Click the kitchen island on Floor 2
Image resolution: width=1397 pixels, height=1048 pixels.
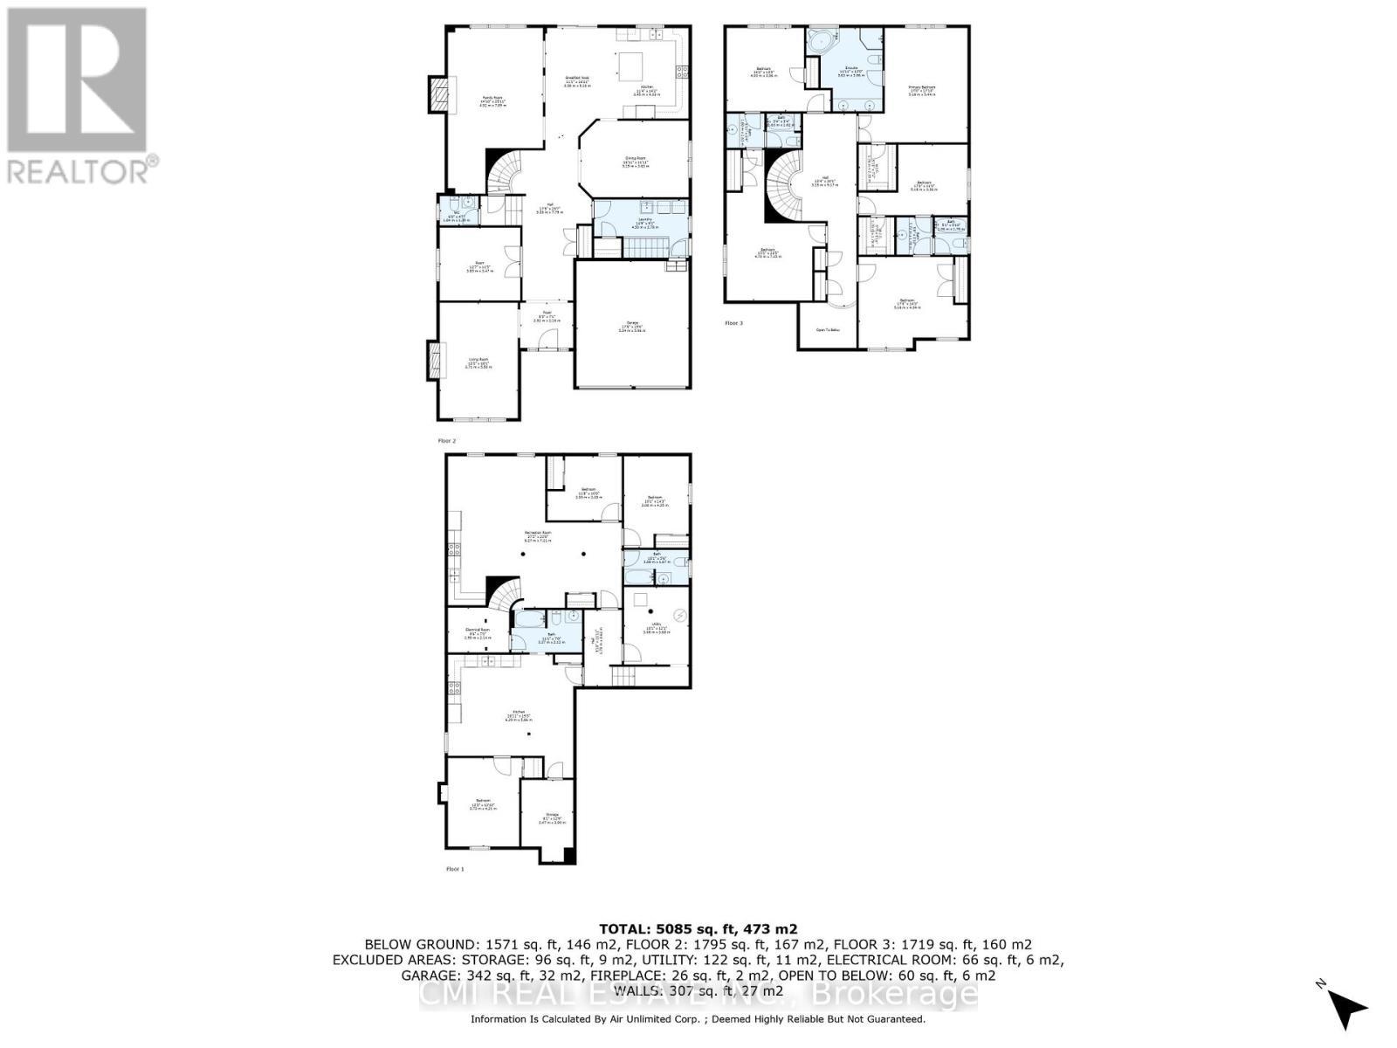pos(630,66)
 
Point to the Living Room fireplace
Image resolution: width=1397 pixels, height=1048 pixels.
pos(433,360)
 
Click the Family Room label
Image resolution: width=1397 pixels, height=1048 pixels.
pos(492,99)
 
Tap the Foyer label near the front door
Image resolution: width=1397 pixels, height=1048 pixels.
pos(547,316)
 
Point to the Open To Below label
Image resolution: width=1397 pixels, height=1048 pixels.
pos(827,330)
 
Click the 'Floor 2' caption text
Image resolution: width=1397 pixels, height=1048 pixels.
pos(446,441)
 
